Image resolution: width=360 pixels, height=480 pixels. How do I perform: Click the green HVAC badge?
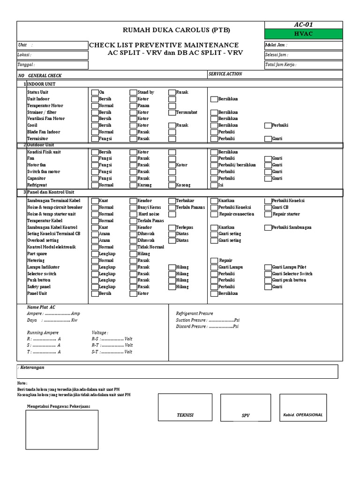(x=303, y=34)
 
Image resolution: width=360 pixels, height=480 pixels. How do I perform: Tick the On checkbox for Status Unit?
(x=94, y=93)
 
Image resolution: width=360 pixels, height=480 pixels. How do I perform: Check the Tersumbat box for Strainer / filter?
(x=172, y=112)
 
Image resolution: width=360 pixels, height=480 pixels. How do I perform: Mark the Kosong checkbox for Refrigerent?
(x=172, y=185)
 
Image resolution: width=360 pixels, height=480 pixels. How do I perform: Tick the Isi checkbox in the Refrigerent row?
(x=214, y=185)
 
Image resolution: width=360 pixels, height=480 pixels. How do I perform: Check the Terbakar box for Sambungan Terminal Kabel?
(x=172, y=201)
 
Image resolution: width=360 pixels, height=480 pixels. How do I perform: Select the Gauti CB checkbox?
(x=268, y=207)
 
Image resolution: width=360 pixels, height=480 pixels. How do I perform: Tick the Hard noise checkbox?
(x=134, y=214)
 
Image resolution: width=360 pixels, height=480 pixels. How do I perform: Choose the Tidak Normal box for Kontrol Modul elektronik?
(x=134, y=247)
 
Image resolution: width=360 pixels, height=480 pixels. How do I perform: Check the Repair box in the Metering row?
(x=214, y=261)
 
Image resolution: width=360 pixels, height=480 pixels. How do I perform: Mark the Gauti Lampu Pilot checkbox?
(x=268, y=267)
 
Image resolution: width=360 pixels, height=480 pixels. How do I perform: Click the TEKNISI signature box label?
(x=185, y=415)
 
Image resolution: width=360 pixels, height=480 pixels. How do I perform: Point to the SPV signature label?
(x=246, y=415)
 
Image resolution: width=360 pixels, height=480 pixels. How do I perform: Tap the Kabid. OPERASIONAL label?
(x=303, y=415)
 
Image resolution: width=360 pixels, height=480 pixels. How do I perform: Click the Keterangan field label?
(x=31, y=367)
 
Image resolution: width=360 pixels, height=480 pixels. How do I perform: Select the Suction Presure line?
(x=208, y=320)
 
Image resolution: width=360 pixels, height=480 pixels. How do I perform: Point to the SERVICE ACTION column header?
(x=225, y=74)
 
